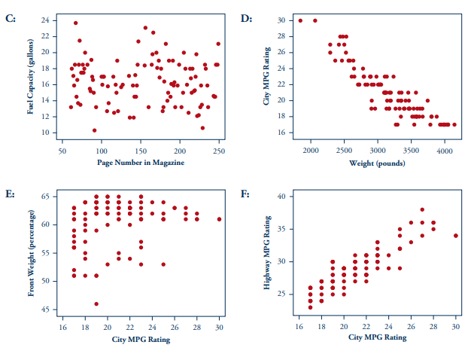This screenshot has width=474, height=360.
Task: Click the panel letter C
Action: pyautogui.click(x=10, y=17)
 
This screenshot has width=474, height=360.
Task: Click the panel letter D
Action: pyautogui.click(x=246, y=17)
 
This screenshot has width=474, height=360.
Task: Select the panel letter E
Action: pyautogui.click(x=10, y=194)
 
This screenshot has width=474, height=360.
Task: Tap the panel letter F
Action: pyautogui.click(x=246, y=194)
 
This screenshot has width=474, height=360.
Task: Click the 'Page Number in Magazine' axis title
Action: pyautogui.click(x=141, y=161)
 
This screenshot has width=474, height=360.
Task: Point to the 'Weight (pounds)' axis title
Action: pyautogui.click(x=376, y=161)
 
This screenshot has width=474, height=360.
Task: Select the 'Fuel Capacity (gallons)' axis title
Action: pyautogui.click(x=30, y=76)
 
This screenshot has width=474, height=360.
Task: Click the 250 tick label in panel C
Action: pyautogui.click(x=219, y=150)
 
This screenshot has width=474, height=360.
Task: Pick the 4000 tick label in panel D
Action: pyautogui.click(x=445, y=150)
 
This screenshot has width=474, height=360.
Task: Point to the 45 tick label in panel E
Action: pyautogui.click(x=47, y=310)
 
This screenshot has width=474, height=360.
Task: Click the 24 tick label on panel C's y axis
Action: pyautogui.click(x=47, y=20)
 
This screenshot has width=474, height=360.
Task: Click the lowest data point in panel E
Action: pyautogui.click(x=96, y=304)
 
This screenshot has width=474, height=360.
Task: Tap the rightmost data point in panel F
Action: pyautogui.click(x=456, y=236)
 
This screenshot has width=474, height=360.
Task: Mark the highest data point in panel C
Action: pyautogui.click(x=75, y=23)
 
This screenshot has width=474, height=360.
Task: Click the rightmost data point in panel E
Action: pyautogui.click(x=219, y=219)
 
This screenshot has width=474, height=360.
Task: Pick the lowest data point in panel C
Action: pyautogui.click(x=95, y=130)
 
